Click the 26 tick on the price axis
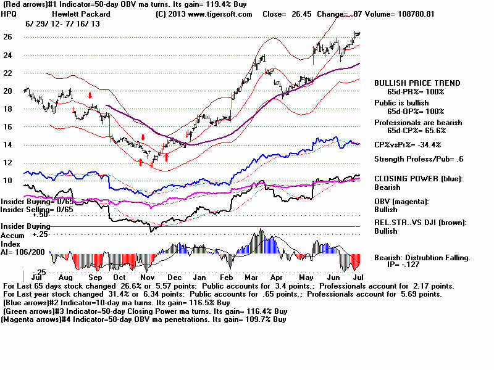click(8, 37)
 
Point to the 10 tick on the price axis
click(8, 181)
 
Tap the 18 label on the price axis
click(8, 109)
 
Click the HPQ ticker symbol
click(12, 14)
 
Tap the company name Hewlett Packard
click(81, 14)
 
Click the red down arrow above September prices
click(90, 96)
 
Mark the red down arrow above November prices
click(143, 138)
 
